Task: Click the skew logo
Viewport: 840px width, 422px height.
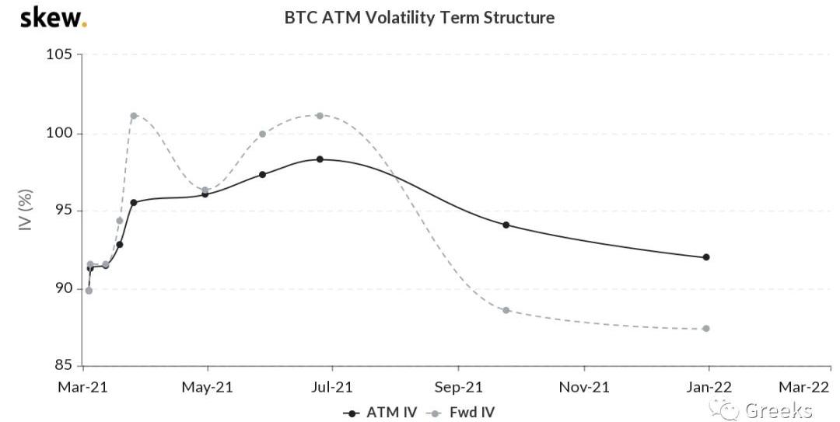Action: pyautogui.click(x=52, y=17)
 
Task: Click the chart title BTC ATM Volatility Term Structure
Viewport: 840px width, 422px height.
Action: pyautogui.click(x=419, y=17)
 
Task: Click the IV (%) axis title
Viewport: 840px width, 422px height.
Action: pyautogui.click(x=26, y=210)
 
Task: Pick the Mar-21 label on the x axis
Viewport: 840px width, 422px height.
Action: pyautogui.click(x=82, y=386)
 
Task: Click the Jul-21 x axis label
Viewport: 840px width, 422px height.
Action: pyautogui.click(x=332, y=386)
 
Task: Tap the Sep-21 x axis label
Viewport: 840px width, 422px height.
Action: pyautogui.click(x=458, y=386)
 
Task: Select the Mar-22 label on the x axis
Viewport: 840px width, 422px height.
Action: pyautogui.click(x=804, y=386)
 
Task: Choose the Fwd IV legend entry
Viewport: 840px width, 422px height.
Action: pyautogui.click(x=464, y=412)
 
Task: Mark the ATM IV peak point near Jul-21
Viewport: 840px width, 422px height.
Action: pyautogui.click(x=320, y=159)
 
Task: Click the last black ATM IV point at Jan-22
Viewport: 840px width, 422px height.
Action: pyautogui.click(x=706, y=257)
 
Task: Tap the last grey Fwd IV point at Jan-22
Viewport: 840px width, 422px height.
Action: pyautogui.click(x=706, y=329)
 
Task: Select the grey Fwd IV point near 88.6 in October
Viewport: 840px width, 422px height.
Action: pyautogui.click(x=506, y=310)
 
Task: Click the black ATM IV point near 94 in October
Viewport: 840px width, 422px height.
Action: pyautogui.click(x=506, y=225)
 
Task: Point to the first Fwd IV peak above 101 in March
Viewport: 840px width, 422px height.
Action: pyautogui.click(x=134, y=116)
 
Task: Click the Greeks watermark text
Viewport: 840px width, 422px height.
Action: pyautogui.click(x=778, y=410)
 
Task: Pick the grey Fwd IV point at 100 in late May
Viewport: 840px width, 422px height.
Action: pyautogui.click(x=262, y=134)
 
